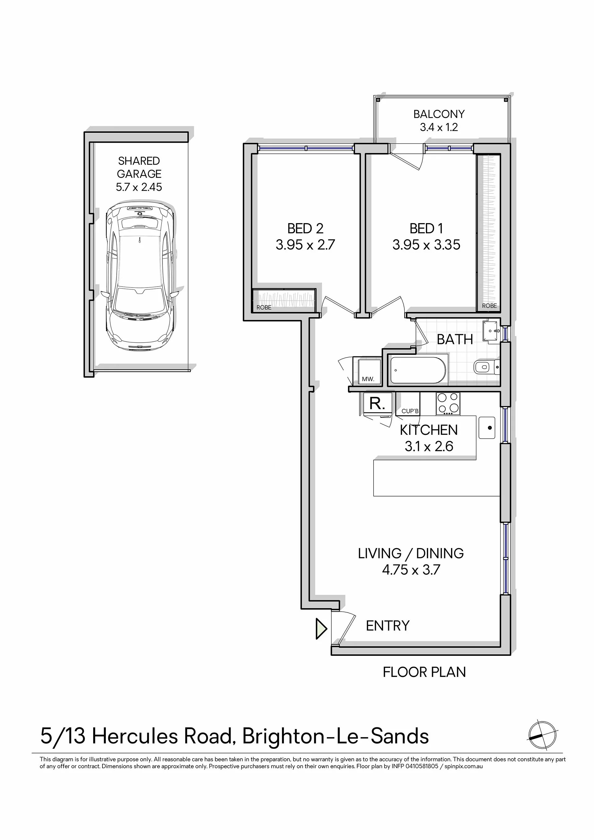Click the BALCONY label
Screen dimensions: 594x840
tap(439, 114)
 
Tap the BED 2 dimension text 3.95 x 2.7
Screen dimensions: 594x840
tap(305, 245)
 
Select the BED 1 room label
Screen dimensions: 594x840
tap(426, 229)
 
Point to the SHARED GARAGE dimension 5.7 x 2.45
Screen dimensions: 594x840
tap(139, 187)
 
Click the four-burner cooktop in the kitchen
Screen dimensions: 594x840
tap(448, 404)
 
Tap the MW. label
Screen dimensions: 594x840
tap(368, 379)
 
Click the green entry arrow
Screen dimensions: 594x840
tap(321, 629)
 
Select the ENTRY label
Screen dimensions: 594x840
tap(388, 626)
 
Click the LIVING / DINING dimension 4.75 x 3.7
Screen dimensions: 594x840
tap(411, 569)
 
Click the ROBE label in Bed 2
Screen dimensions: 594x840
tap(264, 307)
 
